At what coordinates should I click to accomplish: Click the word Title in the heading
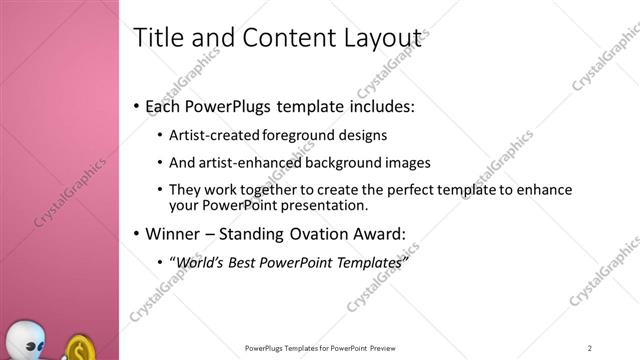point(157,38)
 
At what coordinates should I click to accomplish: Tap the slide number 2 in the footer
point(589,347)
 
